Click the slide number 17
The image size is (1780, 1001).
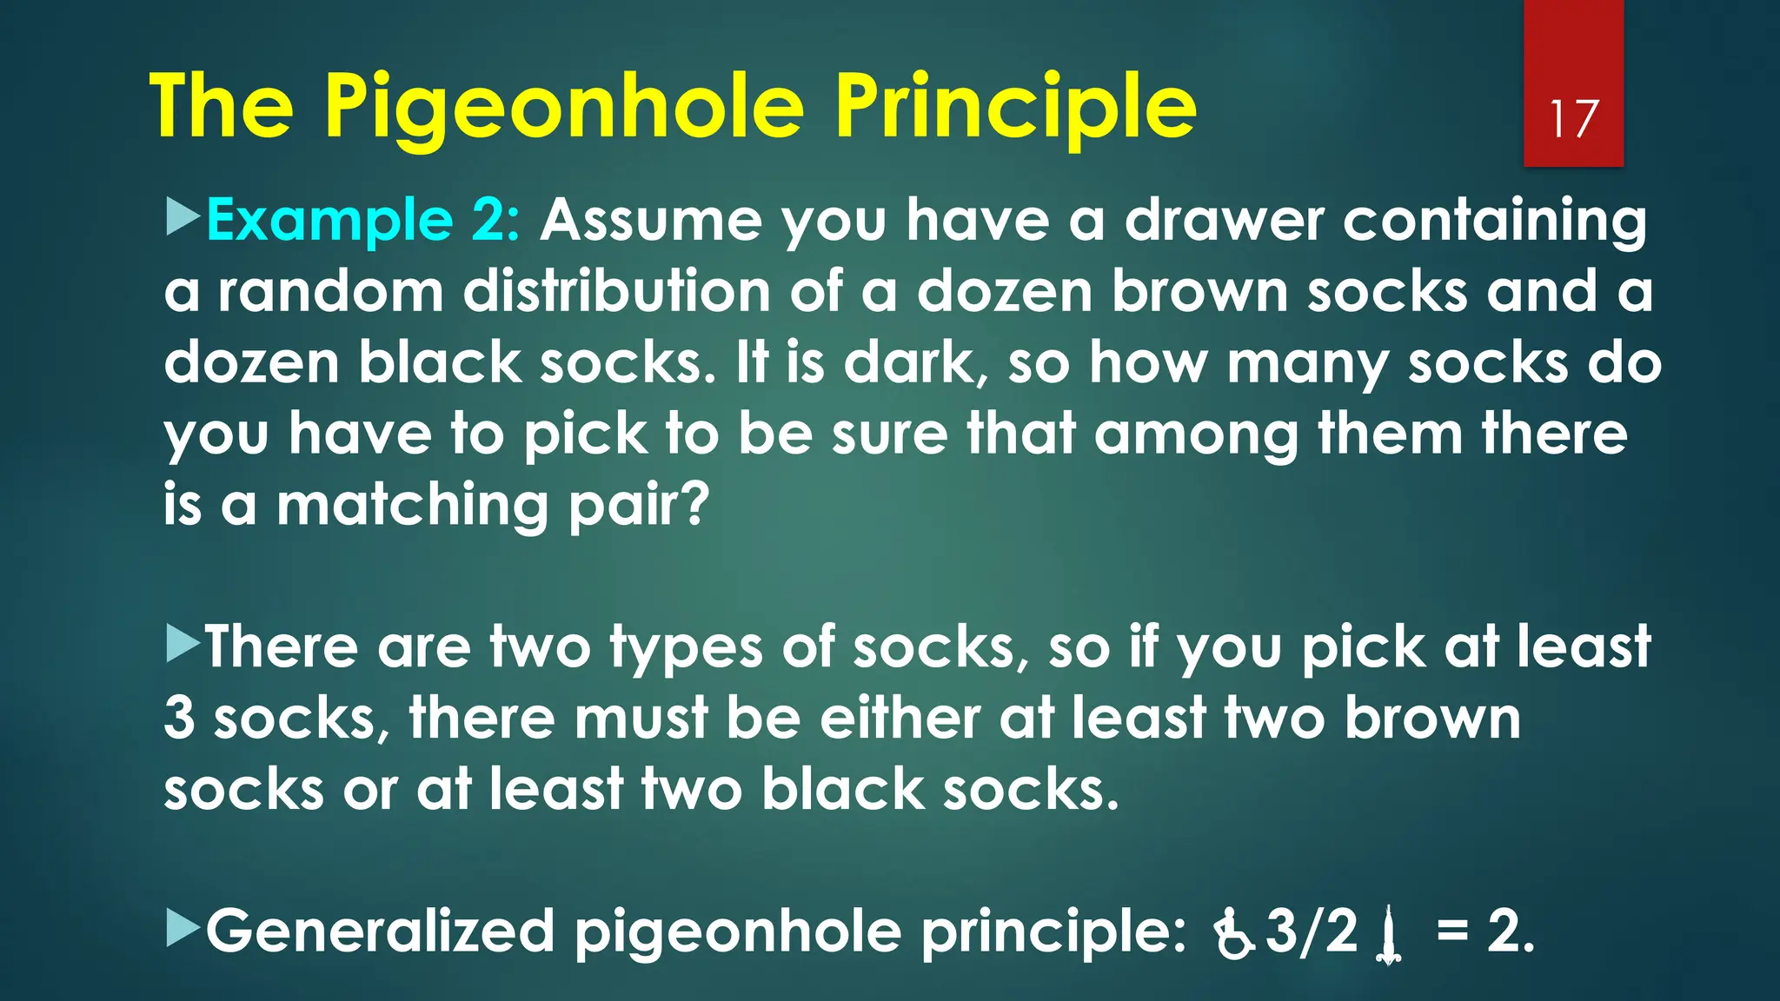(1573, 119)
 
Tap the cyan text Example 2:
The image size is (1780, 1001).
(363, 220)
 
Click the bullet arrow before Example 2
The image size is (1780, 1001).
(183, 216)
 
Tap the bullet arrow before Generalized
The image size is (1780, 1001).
(183, 928)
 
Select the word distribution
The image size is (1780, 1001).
(616, 291)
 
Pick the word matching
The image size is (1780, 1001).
(412, 505)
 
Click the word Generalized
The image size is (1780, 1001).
(380, 931)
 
